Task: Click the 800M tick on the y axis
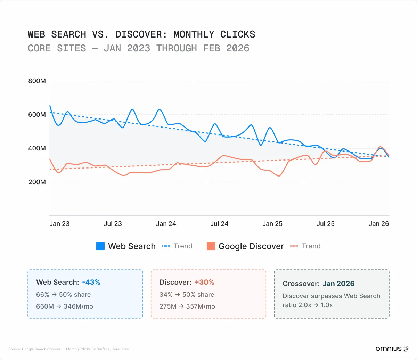(x=36, y=81)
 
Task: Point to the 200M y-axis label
(x=36, y=182)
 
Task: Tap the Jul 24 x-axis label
(x=219, y=224)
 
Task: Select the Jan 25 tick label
(x=272, y=224)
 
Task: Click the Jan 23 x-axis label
(x=59, y=224)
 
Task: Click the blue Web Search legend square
(x=100, y=246)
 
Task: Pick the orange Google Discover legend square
(x=211, y=246)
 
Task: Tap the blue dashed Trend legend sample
(x=166, y=246)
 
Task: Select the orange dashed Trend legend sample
(x=294, y=246)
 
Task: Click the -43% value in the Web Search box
(x=91, y=282)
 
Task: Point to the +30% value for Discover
(x=204, y=282)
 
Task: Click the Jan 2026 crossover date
(x=338, y=284)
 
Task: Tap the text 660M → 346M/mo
(x=65, y=306)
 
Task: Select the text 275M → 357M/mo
(x=187, y=306)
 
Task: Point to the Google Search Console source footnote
(x=68, y=349)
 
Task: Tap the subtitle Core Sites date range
(x=139, y=48)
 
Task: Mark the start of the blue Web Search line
(x=50, y=105)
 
